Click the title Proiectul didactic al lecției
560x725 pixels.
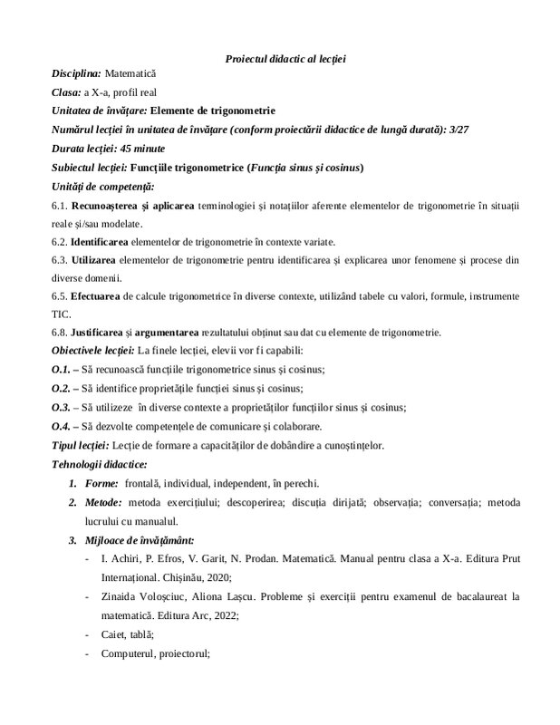tap(285, 59)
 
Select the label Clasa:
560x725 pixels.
tap(66, 92)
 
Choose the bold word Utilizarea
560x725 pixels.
tap(93, 260)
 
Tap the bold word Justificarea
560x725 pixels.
tap(100, 333)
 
